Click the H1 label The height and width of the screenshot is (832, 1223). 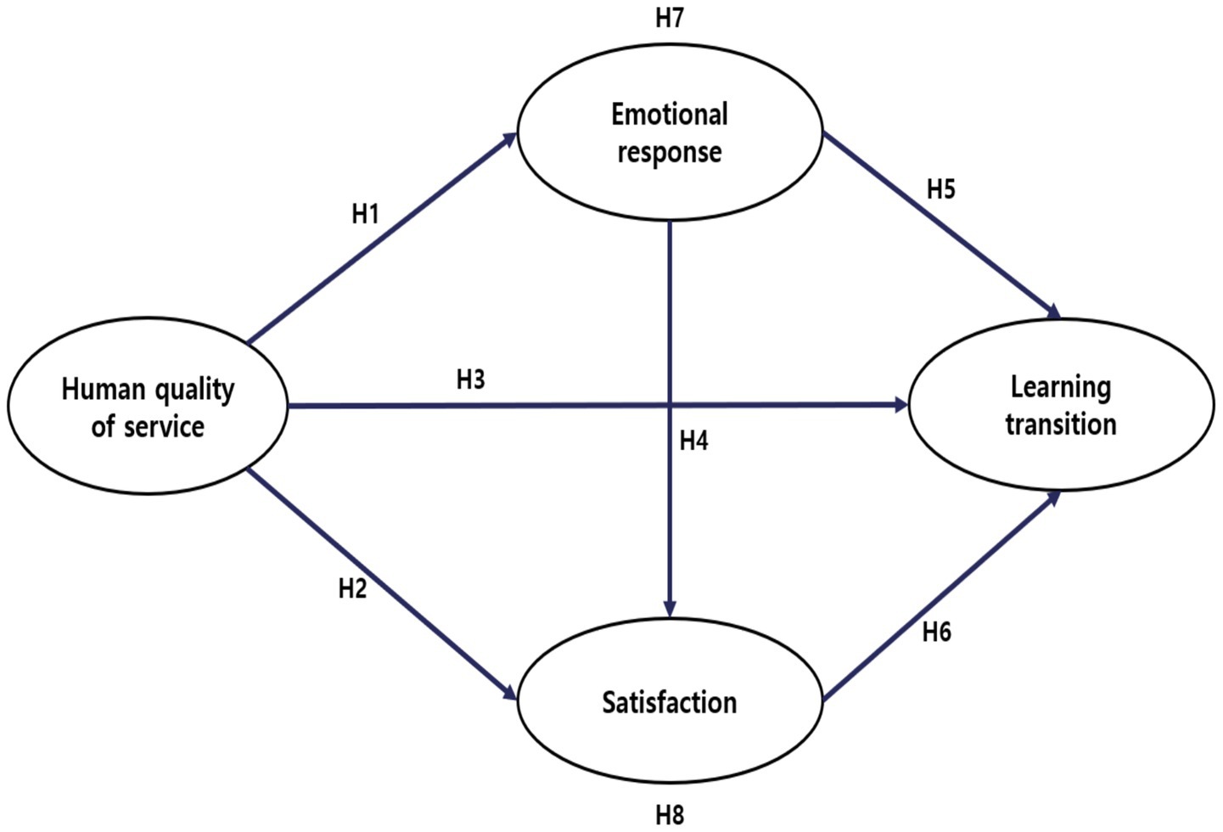(365, 215)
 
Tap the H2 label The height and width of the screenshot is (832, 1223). (352, 588)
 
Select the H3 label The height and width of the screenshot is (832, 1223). (470, 379)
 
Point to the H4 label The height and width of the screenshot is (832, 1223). (693, 441)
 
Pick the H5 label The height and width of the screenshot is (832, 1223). (940, 189)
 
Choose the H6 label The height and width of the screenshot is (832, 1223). (936, 632)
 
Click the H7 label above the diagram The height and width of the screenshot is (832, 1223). (670, 19)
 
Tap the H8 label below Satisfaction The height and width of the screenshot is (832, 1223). (670, 815)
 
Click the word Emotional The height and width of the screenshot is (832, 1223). (670, 114)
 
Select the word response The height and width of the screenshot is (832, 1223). (670, 153)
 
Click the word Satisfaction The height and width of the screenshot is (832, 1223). (670, 702)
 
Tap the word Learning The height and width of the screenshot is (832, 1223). (1061, 387)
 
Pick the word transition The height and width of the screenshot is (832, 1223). (1061, 424)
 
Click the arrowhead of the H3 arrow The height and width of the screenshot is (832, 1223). (900, 405)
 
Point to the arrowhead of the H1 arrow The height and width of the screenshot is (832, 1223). (511, 138)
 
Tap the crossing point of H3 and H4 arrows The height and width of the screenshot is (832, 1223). (670, 406)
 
